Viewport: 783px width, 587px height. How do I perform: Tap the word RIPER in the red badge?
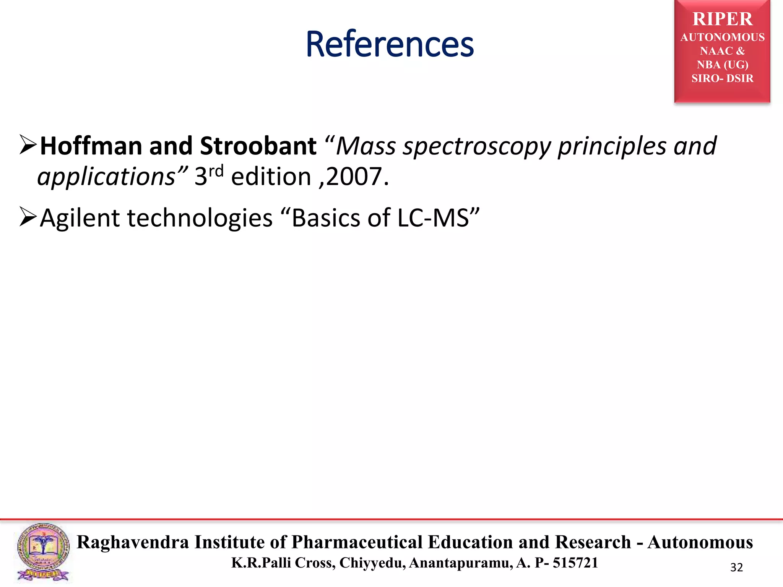coord(722,19)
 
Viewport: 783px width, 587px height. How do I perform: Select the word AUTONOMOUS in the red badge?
coord(722,37)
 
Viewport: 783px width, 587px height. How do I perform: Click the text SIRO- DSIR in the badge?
coord(722,78)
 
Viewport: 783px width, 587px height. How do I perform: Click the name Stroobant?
coord(258,146)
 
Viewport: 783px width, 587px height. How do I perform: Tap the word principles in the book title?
coord(612,147)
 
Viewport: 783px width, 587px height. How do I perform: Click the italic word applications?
coord(106,177)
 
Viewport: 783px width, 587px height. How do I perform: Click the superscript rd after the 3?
coord(216,171)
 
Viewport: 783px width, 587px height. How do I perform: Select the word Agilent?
coord(80,218)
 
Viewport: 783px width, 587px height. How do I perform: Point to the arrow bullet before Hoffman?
coord(28,145)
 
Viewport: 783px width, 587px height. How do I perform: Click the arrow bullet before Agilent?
coord(28,217)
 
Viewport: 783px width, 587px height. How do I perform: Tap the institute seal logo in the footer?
coord(43,552)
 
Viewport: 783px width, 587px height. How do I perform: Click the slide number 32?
coord(736,568)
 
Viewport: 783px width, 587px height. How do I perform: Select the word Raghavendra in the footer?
coord(133,542)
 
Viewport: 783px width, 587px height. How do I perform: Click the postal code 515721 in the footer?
coord(575,563)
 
